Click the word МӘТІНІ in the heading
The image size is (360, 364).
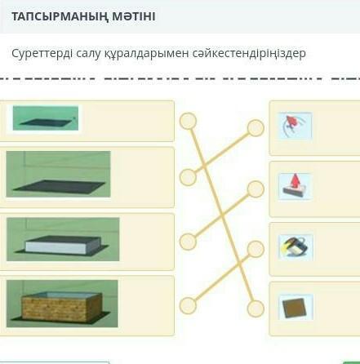point(133,16)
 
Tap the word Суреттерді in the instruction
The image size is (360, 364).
point(42,53)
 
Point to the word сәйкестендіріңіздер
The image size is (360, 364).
point(249,54)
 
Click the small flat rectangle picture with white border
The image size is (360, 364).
point(46,118)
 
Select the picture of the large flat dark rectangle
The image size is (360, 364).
point(59,174)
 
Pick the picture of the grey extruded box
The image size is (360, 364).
point(63,239)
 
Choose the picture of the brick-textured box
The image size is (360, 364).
point(62,304)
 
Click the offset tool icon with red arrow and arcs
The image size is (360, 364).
point(295,126)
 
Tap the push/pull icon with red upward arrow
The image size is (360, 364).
point(295,187)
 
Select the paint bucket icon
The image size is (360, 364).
point(296,248)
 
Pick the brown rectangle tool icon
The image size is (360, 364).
point(296,308)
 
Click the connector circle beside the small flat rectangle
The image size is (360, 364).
point(188,121)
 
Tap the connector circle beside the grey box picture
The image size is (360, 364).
point(188,242)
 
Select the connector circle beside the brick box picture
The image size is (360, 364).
point(188,305)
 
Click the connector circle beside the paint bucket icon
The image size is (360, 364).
point(256,249)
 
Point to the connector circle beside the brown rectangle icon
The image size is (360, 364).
point(256,309)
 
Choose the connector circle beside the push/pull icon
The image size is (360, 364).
point(256,189)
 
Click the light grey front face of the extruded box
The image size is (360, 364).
point(56,247)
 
